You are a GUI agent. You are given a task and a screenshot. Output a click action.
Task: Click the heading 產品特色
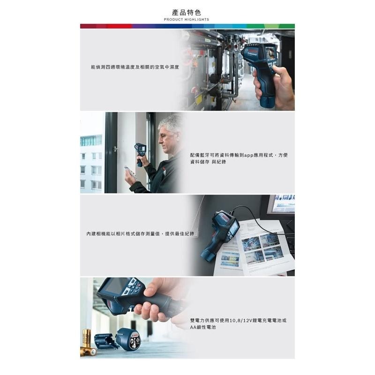coord(187,12)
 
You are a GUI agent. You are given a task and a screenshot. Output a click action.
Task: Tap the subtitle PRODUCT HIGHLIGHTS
coord(187,19)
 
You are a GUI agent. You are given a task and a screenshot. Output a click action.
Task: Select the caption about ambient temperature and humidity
coord(135,67)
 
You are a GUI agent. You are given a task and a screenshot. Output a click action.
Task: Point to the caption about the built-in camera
coord(140,233)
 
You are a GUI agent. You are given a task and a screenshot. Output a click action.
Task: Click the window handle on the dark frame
coord(116,150)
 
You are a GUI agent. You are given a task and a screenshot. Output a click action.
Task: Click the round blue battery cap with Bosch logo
coord(129,339)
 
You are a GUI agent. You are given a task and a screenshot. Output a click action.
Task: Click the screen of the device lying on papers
coord(235,228)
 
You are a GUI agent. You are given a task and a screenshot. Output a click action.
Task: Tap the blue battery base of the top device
coord(267,102)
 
